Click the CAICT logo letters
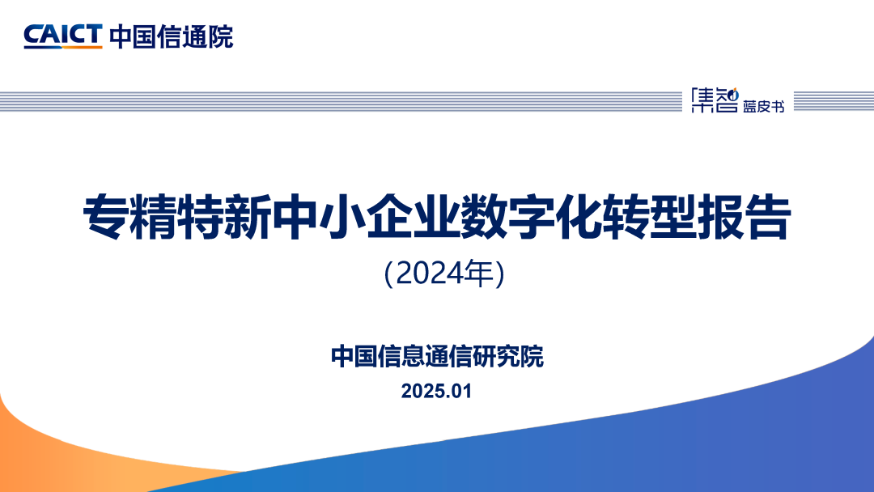pos(63,35)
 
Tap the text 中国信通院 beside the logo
pos(171,36)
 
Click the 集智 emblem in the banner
pos(715,100)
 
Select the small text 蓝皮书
pos(764,106)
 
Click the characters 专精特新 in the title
pos(177,218)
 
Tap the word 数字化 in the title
pos(531,218)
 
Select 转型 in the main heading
pos(649,218)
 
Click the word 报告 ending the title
pos(744,218)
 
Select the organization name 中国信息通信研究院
pos(437,357)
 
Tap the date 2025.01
pos(436,391)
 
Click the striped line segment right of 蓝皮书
pos(834,101)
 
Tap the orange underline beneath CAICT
pos(63,48)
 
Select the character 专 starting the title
pos(107,218)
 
